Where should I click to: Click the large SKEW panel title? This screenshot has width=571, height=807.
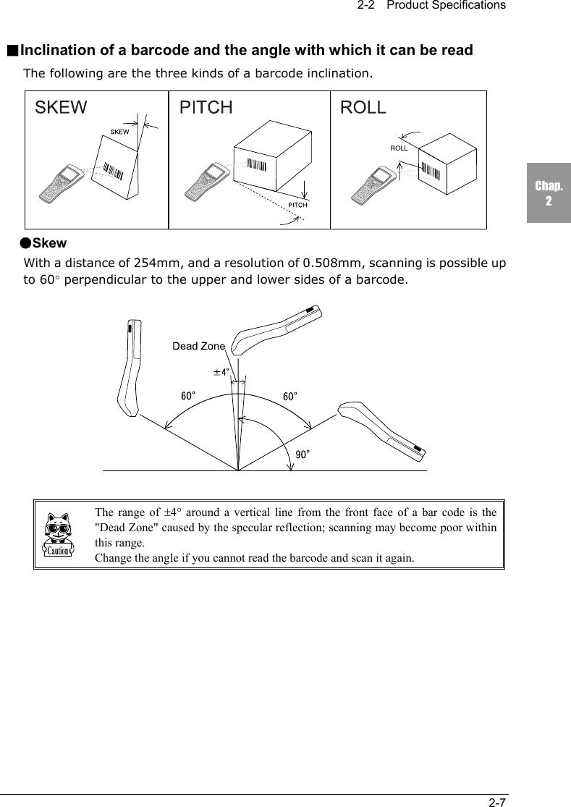62,108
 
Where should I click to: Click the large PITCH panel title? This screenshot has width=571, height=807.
206,108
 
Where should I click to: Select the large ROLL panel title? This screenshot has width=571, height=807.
363,108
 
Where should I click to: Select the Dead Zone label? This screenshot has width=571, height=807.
198,346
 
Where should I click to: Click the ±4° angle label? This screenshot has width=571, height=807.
221,372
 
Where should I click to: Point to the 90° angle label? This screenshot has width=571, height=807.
303,454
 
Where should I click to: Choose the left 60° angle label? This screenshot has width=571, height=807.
188,396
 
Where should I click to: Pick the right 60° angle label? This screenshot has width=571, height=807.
289,396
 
